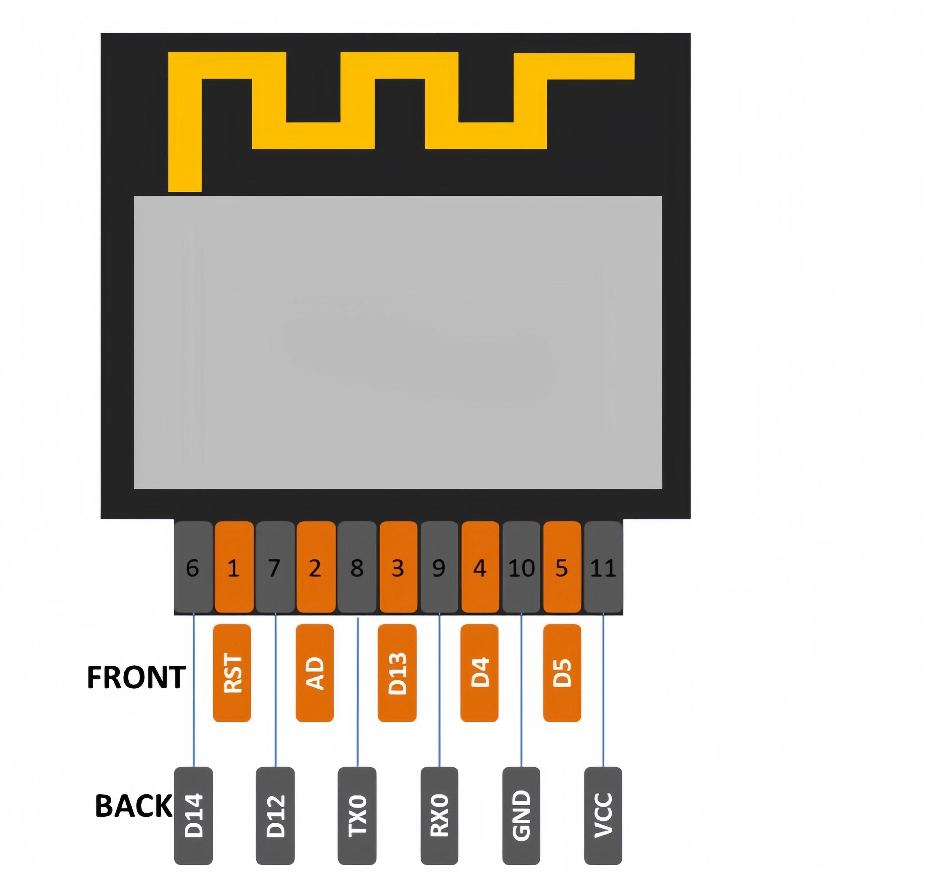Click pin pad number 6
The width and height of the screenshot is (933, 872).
click(x=193, y=567)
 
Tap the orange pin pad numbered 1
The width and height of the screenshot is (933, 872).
click(x=234, y=567)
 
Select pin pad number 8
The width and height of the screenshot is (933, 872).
click(x=357, y=567)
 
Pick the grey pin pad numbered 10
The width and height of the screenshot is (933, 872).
click(x=521, y=567)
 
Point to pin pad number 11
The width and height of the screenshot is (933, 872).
click(x=603, y=567)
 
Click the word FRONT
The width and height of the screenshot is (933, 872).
click(x=136, y=677)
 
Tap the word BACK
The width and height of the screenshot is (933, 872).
click(x=134, y=806)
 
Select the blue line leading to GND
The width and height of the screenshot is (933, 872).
click(x=521, y=690)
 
